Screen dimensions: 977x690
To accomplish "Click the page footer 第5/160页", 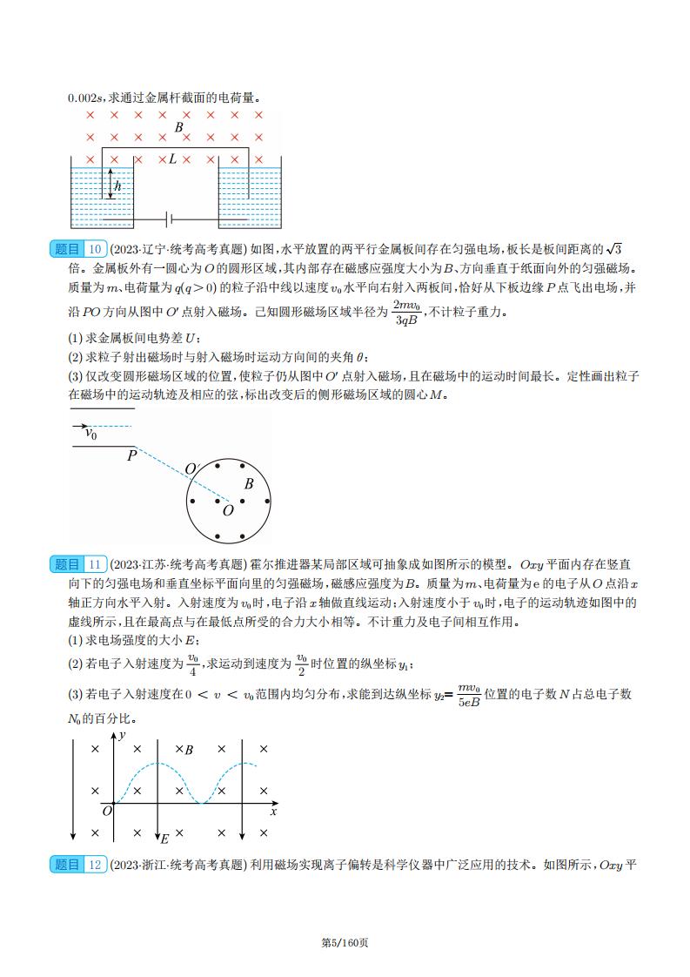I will click(345, 942).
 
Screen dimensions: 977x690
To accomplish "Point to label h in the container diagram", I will click(117, 186).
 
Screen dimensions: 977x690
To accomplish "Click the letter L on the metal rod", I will click(172, 159).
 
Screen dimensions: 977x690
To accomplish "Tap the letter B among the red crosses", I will click(178, 127).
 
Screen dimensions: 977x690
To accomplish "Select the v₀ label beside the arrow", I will click(90, 432).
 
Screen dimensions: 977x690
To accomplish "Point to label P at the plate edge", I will click(132, 455).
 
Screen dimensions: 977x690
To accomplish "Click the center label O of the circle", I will click(228, 511).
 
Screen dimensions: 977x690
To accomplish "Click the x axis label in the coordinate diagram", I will click(273, 812).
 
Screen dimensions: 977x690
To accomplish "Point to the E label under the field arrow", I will click(164, 839).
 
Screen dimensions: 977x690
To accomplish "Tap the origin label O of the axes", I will click(107, 811).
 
